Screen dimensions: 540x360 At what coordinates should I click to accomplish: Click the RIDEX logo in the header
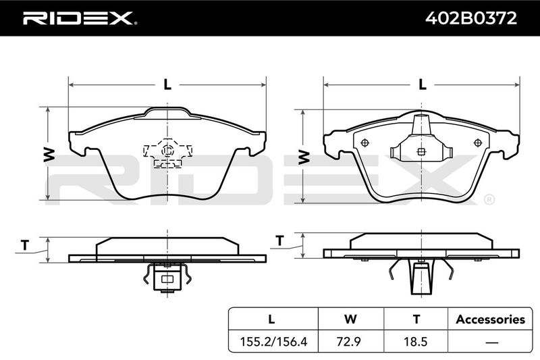(80, 18)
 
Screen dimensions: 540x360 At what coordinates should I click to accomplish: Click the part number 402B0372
(470, 18)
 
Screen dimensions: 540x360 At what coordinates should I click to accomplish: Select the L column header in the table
(271, 319)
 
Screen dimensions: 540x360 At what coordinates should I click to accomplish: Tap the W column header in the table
(350, 319)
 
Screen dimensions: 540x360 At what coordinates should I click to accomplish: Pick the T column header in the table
(416, 319)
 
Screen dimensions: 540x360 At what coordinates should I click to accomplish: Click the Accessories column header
(491, 319)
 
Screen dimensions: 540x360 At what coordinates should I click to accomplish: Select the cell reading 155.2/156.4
(273, 341)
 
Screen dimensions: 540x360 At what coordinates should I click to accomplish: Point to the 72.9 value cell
(350, 341)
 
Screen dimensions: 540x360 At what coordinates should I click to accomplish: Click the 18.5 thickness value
(416, 341)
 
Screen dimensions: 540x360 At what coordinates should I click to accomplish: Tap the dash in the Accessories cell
(491, 342)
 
